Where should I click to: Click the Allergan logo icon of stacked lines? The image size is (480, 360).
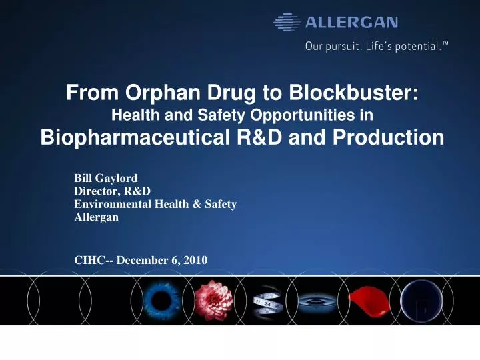point(287,23)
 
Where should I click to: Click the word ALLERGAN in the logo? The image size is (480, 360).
point(352,23)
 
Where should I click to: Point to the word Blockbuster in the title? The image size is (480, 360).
point(357,95)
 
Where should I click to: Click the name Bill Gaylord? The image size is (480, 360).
point(106,178)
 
